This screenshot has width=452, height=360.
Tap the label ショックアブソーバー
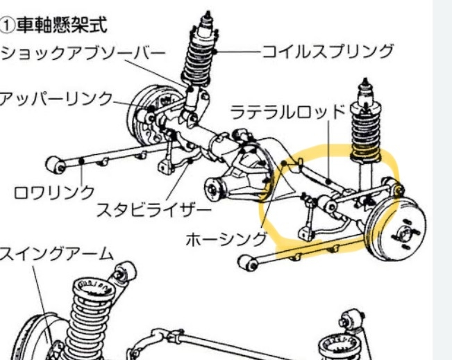tap(83, 53)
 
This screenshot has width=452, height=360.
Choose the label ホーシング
tap(226, 240)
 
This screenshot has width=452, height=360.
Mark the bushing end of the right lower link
tap(246, 263)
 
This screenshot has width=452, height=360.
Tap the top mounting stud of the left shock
tap(205, 17)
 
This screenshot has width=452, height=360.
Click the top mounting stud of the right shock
tap(366, 87)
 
